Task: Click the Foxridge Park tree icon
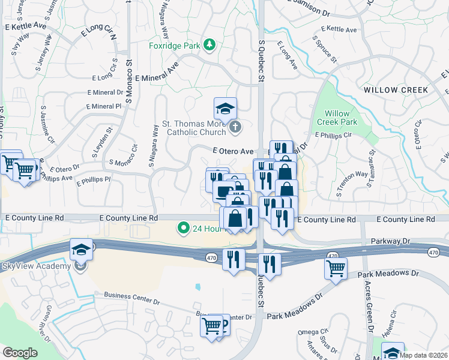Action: pos(209,46)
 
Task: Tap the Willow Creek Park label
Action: pos(341,118)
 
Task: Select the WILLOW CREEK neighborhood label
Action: pos(396,90)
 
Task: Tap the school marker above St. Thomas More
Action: pos(225,109)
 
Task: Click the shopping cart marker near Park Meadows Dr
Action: pos(336,268)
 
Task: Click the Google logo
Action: pos(20,353)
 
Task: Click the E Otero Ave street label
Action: pos(232,152)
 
